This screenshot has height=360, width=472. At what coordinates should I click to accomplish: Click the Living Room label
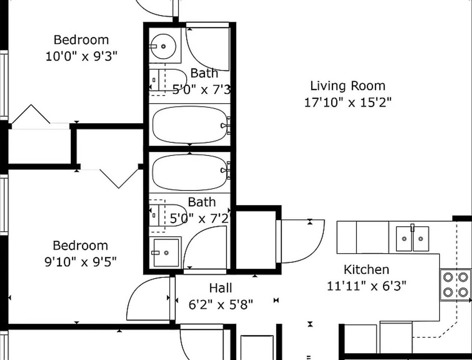pos(348,86)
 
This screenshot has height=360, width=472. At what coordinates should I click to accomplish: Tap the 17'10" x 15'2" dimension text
pos(348,102)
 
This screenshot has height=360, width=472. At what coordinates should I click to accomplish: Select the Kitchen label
pos(366,270)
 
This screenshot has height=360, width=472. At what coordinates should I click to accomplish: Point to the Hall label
pos(221,288)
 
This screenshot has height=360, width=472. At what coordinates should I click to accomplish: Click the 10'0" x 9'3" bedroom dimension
pos(81,57)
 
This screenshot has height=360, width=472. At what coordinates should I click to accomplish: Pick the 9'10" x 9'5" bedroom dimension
pos(81,262)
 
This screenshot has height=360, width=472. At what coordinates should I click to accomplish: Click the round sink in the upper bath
pos(163,46)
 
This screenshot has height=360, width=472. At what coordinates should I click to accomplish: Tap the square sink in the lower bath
pos(166,253)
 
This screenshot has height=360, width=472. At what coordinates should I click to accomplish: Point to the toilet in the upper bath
pos(168,80)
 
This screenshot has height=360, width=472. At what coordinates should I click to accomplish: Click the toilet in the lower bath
pos(168,215)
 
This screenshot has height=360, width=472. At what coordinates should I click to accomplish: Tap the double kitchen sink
pos(412,238)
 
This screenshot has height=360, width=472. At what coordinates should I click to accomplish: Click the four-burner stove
pos(456,285)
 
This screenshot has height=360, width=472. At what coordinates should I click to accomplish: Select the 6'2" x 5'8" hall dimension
pos(221,304)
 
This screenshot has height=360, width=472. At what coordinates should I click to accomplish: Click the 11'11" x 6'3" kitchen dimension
pos(366,286)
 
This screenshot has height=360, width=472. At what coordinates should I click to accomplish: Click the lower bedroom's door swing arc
pos(134,291)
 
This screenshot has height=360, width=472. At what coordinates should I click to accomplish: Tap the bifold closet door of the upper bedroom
pos(31,114)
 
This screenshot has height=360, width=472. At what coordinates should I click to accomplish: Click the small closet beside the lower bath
pos(256,240)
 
